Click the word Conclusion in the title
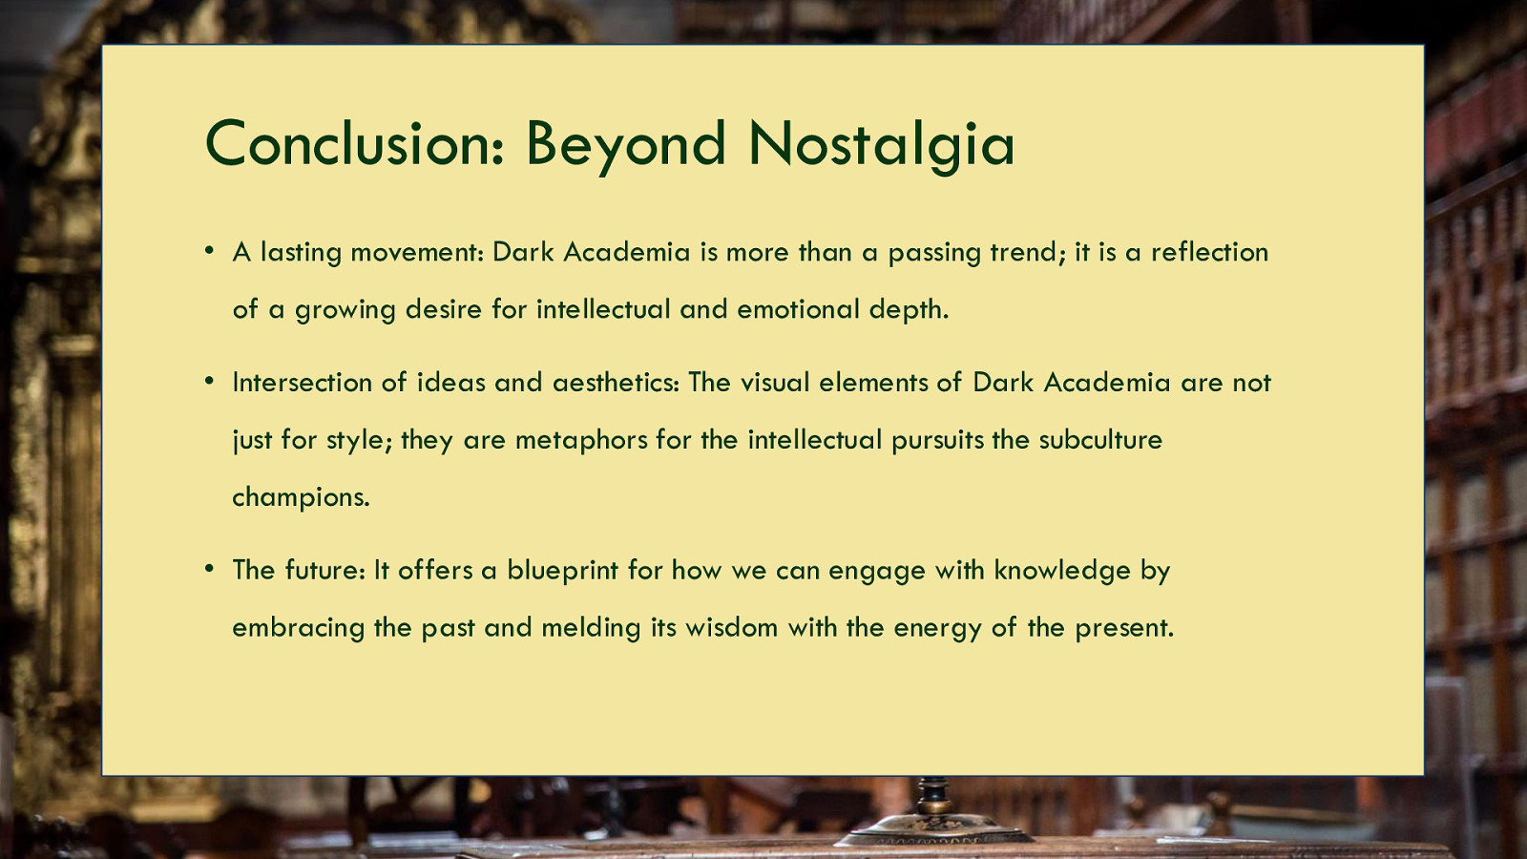pyautogui.click(x=354, y=143)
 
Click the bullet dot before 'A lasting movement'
pyautogui.click(x=209, y=250)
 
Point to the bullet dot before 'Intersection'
pyautogui.click(x=209, y=381)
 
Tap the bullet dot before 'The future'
pyautogui.click(x=209, y=568)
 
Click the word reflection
pyautogui.click(x=1210, y=252)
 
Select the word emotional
pyautogui.click(x=798, y=309)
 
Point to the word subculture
pyautogui.click(x=1100, y=440)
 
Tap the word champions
pyautogui.click(x=301, y=498)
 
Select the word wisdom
pyautogui.click(x=731, y=628)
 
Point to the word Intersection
pyautogui.click(x=302, y=383)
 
